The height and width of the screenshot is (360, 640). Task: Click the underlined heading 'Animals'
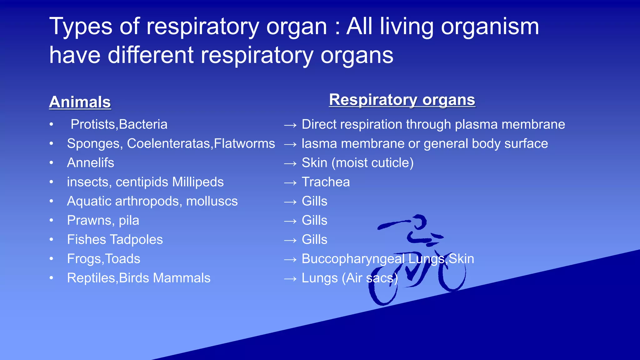(80, 102)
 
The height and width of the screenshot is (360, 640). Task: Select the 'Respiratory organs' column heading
(402, 100)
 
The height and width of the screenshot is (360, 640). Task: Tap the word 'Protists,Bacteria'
(119, 124)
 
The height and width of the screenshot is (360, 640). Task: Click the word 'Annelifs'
(91, 163)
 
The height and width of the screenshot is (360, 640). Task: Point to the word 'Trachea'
(326, 182)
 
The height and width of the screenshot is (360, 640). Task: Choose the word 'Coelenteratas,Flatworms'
(201, 144)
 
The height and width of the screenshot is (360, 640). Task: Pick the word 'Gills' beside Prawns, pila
(314, 220)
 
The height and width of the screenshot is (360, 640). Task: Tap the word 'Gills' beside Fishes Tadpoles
(314, 240)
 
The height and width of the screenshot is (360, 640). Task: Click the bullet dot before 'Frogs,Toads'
(52, 259)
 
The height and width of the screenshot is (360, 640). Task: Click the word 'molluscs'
(212, 201)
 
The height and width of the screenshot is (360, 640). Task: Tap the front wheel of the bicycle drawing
(452, 272)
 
